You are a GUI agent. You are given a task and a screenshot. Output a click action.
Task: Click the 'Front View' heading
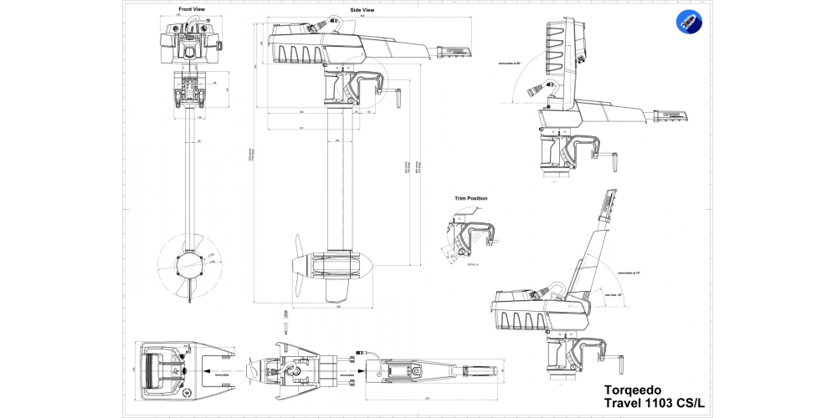[191, 9]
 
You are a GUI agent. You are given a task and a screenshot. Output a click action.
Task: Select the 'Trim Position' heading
[470, 198]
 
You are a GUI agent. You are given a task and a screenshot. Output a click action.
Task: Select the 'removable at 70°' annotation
[629, 273]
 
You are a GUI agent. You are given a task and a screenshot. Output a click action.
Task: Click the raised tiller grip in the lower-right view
[609, 204]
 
